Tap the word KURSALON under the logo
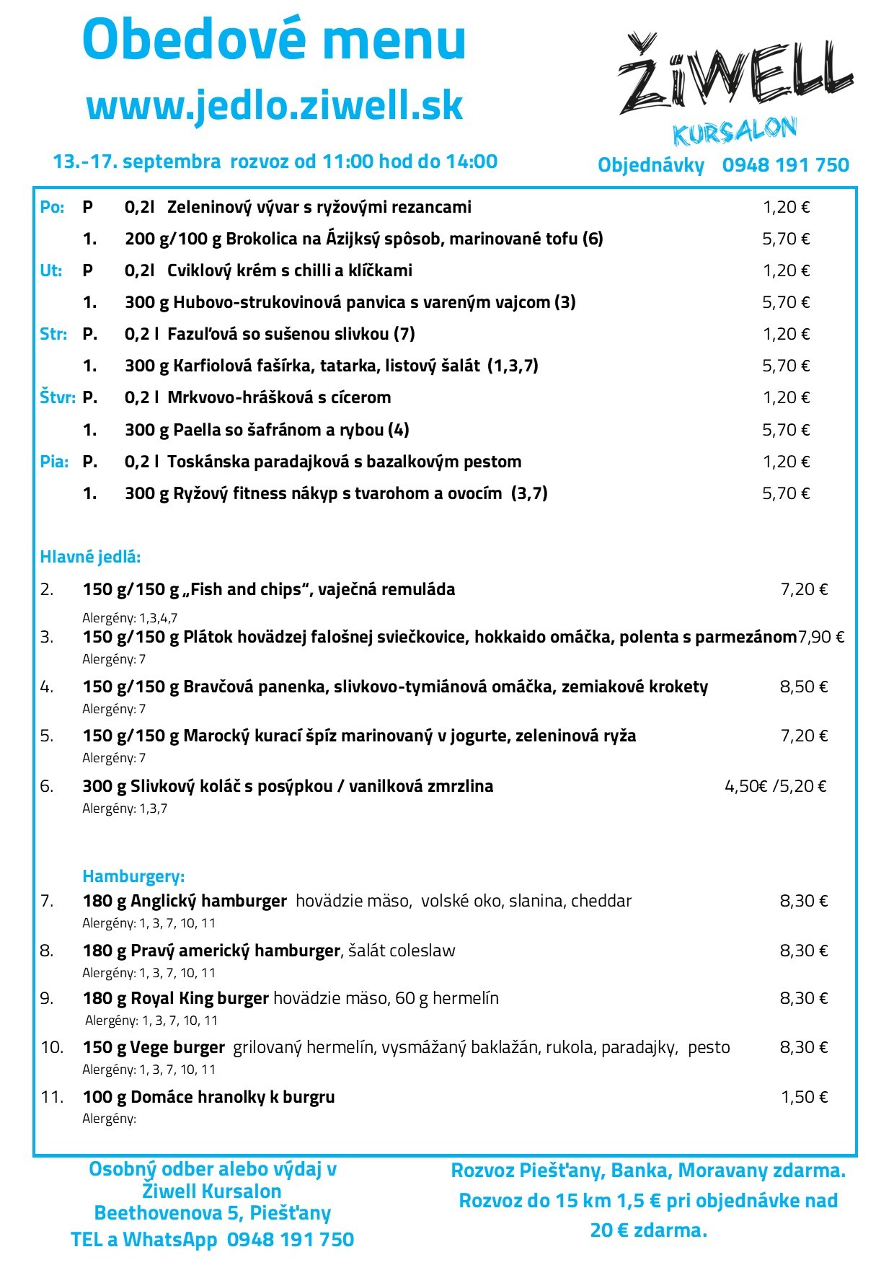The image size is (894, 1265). coord(735,131)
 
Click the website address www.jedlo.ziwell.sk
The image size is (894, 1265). coord(275,105)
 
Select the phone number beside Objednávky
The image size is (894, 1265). coord(785,165)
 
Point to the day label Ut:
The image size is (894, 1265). coord(50,270)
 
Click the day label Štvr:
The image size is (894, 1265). coord(58,397)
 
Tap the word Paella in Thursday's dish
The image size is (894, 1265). coord(197,430)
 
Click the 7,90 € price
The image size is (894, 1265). coord(821,637)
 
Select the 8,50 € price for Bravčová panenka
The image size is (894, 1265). coord(804,687)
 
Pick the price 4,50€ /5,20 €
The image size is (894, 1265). coord(776,786)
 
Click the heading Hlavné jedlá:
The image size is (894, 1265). coord(90,557)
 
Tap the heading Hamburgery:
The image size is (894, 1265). coord(133,876)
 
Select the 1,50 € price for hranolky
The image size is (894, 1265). coord(805,1097)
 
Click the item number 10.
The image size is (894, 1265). coord(52,1047)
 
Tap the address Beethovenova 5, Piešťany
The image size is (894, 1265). coord(213,1213)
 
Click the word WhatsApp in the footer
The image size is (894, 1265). coord(170,1240)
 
